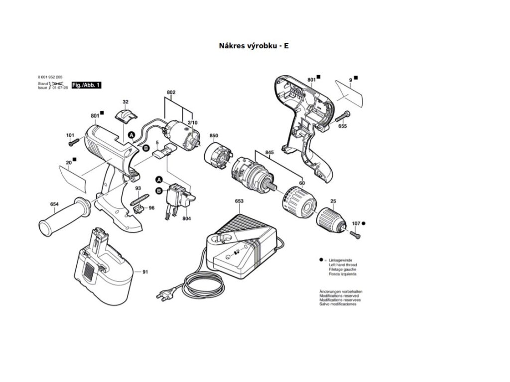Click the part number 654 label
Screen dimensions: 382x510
point(54,204)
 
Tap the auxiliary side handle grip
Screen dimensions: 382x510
point(65,216)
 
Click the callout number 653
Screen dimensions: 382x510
point(239,201)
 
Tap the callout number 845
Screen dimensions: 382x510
point(269,153)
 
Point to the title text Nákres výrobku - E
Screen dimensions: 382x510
point(254,45)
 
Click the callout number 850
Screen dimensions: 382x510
point(214,136)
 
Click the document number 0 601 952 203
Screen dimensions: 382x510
point(50,77)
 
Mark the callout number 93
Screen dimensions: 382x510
point(138,188)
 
